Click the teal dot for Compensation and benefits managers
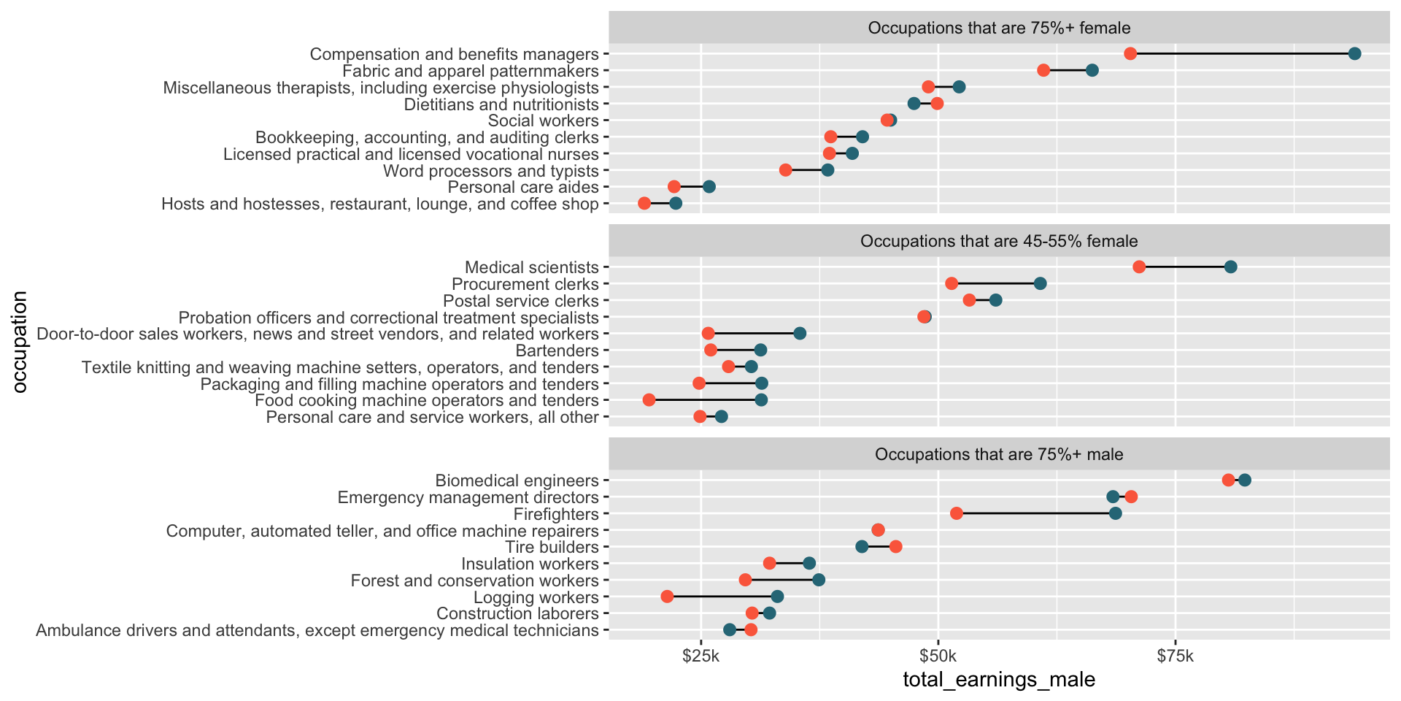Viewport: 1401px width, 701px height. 1354,53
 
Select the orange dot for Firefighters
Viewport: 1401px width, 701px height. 956,513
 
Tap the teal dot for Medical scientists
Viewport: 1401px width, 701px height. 1230,267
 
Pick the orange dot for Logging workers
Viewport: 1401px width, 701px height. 667,597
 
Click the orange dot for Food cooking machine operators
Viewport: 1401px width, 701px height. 649,399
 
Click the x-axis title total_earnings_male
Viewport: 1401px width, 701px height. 999,680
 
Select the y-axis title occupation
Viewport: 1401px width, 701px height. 20,342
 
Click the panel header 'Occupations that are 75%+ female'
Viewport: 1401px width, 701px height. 999,28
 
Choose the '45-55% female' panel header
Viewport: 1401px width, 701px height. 999,241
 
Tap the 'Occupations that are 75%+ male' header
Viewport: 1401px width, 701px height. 999,454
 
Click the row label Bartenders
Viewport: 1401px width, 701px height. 567,350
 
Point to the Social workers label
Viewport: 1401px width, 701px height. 543,120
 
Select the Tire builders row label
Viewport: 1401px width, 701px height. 552,547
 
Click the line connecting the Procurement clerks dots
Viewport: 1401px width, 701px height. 995,283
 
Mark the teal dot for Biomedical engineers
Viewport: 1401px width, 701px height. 1244,480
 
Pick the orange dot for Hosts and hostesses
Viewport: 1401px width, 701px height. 644,203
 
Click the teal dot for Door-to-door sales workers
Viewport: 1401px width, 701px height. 800,334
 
